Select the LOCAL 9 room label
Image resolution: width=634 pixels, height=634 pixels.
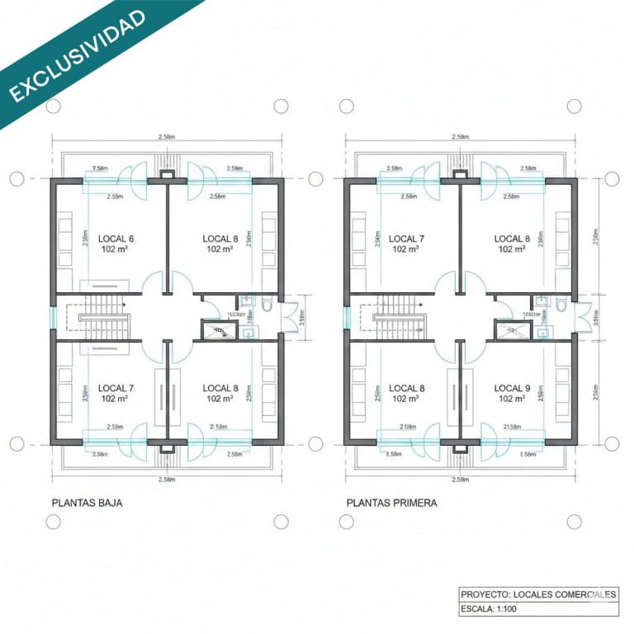512,388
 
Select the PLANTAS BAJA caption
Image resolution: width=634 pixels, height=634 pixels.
87,502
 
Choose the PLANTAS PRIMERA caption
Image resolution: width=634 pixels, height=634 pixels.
392,502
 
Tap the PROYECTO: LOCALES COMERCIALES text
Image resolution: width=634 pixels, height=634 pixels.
538,594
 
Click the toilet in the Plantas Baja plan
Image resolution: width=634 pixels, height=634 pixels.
267,305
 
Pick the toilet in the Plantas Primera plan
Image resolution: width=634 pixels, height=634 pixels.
561,305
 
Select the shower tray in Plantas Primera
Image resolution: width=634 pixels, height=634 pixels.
509,331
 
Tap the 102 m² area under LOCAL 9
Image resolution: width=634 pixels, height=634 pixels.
512,399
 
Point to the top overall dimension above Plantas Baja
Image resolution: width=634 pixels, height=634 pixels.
166,136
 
